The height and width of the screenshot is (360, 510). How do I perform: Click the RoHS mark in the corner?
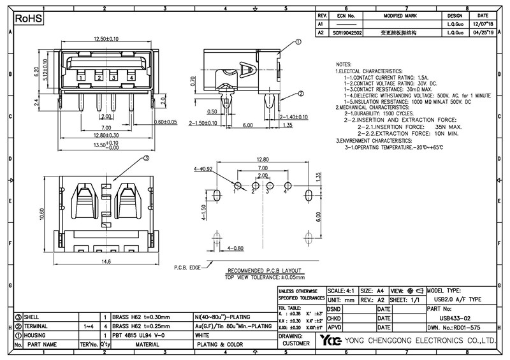[28, 20]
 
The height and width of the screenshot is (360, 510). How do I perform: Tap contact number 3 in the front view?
[113, 78]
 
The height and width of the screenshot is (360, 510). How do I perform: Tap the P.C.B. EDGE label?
[186, 268]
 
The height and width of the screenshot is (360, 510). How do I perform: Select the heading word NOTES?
[343, 65]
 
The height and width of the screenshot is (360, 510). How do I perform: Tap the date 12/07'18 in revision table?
[483, 23]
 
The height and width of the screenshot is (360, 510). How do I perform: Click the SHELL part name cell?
[33, 317]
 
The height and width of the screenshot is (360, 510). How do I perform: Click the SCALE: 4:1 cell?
[342, 290]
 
